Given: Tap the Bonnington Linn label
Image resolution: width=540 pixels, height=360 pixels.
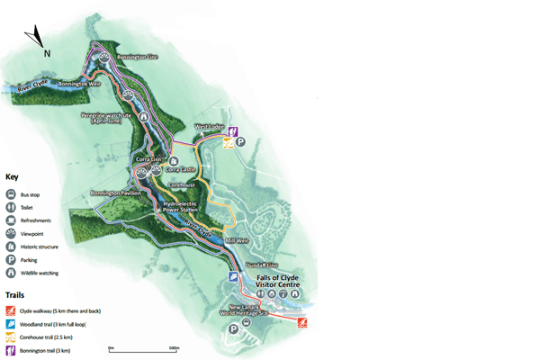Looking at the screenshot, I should (x=139, y=57).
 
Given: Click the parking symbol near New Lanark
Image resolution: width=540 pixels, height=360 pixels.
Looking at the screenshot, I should (x=234, y=329).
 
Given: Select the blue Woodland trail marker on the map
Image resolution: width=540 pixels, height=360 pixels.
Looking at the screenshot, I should (x=233, y=277).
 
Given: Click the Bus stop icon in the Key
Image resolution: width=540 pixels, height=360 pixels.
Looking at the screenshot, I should (x=12, y=194).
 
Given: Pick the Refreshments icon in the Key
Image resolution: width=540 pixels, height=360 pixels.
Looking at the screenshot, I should (x=12, y=220).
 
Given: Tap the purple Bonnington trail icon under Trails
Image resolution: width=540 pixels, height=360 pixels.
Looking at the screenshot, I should (x=12, y=350).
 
